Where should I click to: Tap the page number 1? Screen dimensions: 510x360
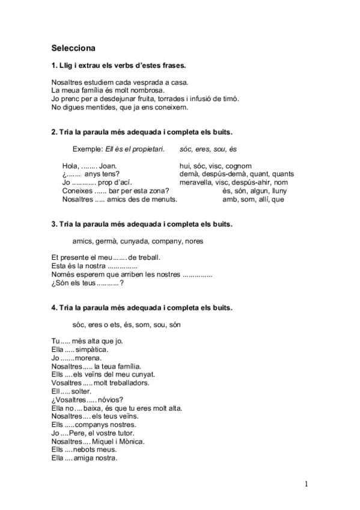[307, 484]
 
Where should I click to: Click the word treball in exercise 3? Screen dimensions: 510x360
[150, 257]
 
